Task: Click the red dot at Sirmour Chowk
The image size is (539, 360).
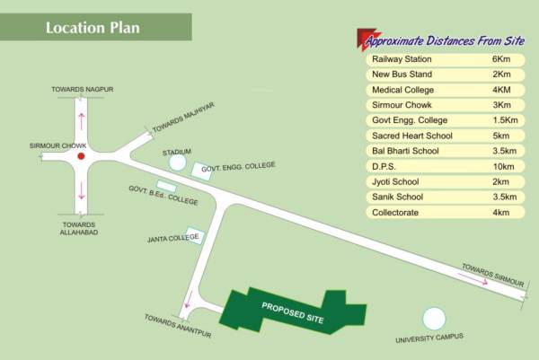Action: click(81, 156)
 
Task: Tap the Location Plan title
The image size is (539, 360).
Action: click(93, 27)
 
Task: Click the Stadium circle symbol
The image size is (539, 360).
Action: click(177, 166)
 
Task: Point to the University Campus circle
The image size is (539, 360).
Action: click(434, 318)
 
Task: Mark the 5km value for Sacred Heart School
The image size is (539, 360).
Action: click(501, 136)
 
